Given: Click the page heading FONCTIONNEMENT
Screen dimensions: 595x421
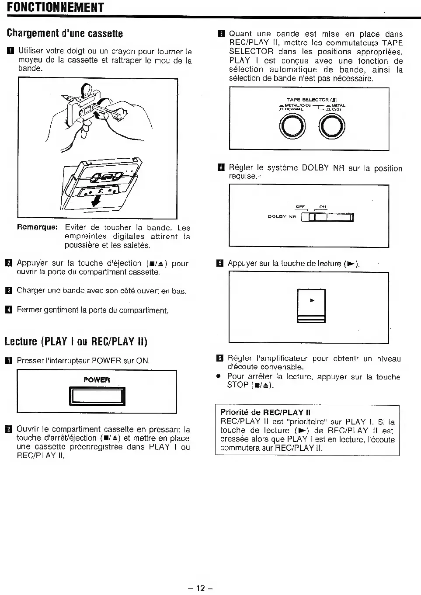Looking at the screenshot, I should pyautogui.click(x=56, y=7).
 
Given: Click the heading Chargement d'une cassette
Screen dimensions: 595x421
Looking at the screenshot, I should pyautogui.click(x=65, y=33).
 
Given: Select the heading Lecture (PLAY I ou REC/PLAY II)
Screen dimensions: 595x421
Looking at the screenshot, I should pyautogui.click(x=76, y=341).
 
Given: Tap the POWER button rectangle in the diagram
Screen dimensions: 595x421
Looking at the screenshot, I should pyautogui.click(x=97, y=396).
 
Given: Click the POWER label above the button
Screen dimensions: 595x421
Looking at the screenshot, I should pyautogui.click(x=97, y=380).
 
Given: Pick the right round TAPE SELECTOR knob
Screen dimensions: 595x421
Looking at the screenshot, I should pyautogui.click(x=332, y=128).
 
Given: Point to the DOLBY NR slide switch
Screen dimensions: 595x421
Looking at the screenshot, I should pyautogui.click(x=327, y=217).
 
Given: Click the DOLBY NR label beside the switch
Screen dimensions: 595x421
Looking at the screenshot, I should pyautogui.click(x=282, y=216).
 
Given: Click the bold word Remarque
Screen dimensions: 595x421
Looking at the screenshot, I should pyautogui.click(x=37, y=227).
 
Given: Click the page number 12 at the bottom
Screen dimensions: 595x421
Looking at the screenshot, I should pyautogui.click(x=200, y=588).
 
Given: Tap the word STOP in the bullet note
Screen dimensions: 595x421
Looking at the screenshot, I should pyautogui.click(x=238, y=385).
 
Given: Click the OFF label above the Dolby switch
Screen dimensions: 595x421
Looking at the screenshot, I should pyautogui.click(x=300, y=207).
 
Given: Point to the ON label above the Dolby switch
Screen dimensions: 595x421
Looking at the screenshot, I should pyautogui.click(x=323, y=207).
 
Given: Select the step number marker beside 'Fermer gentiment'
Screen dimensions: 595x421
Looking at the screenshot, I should pyautogui.click(x=8, y=310).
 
